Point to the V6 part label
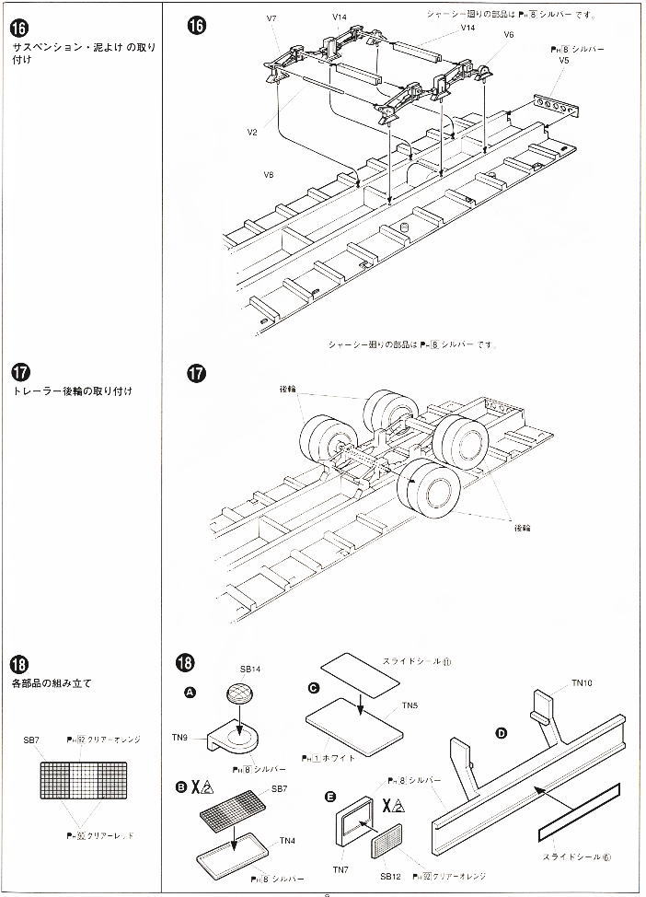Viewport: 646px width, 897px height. coord(509,34)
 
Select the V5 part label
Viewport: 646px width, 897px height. coord(564,60)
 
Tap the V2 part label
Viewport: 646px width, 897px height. coord(252,132)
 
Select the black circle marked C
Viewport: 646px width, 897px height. coord(315,688)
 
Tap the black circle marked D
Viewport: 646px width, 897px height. coord(502,734)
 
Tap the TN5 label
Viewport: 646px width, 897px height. coord(410,705)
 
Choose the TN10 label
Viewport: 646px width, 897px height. coord(583,682)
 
